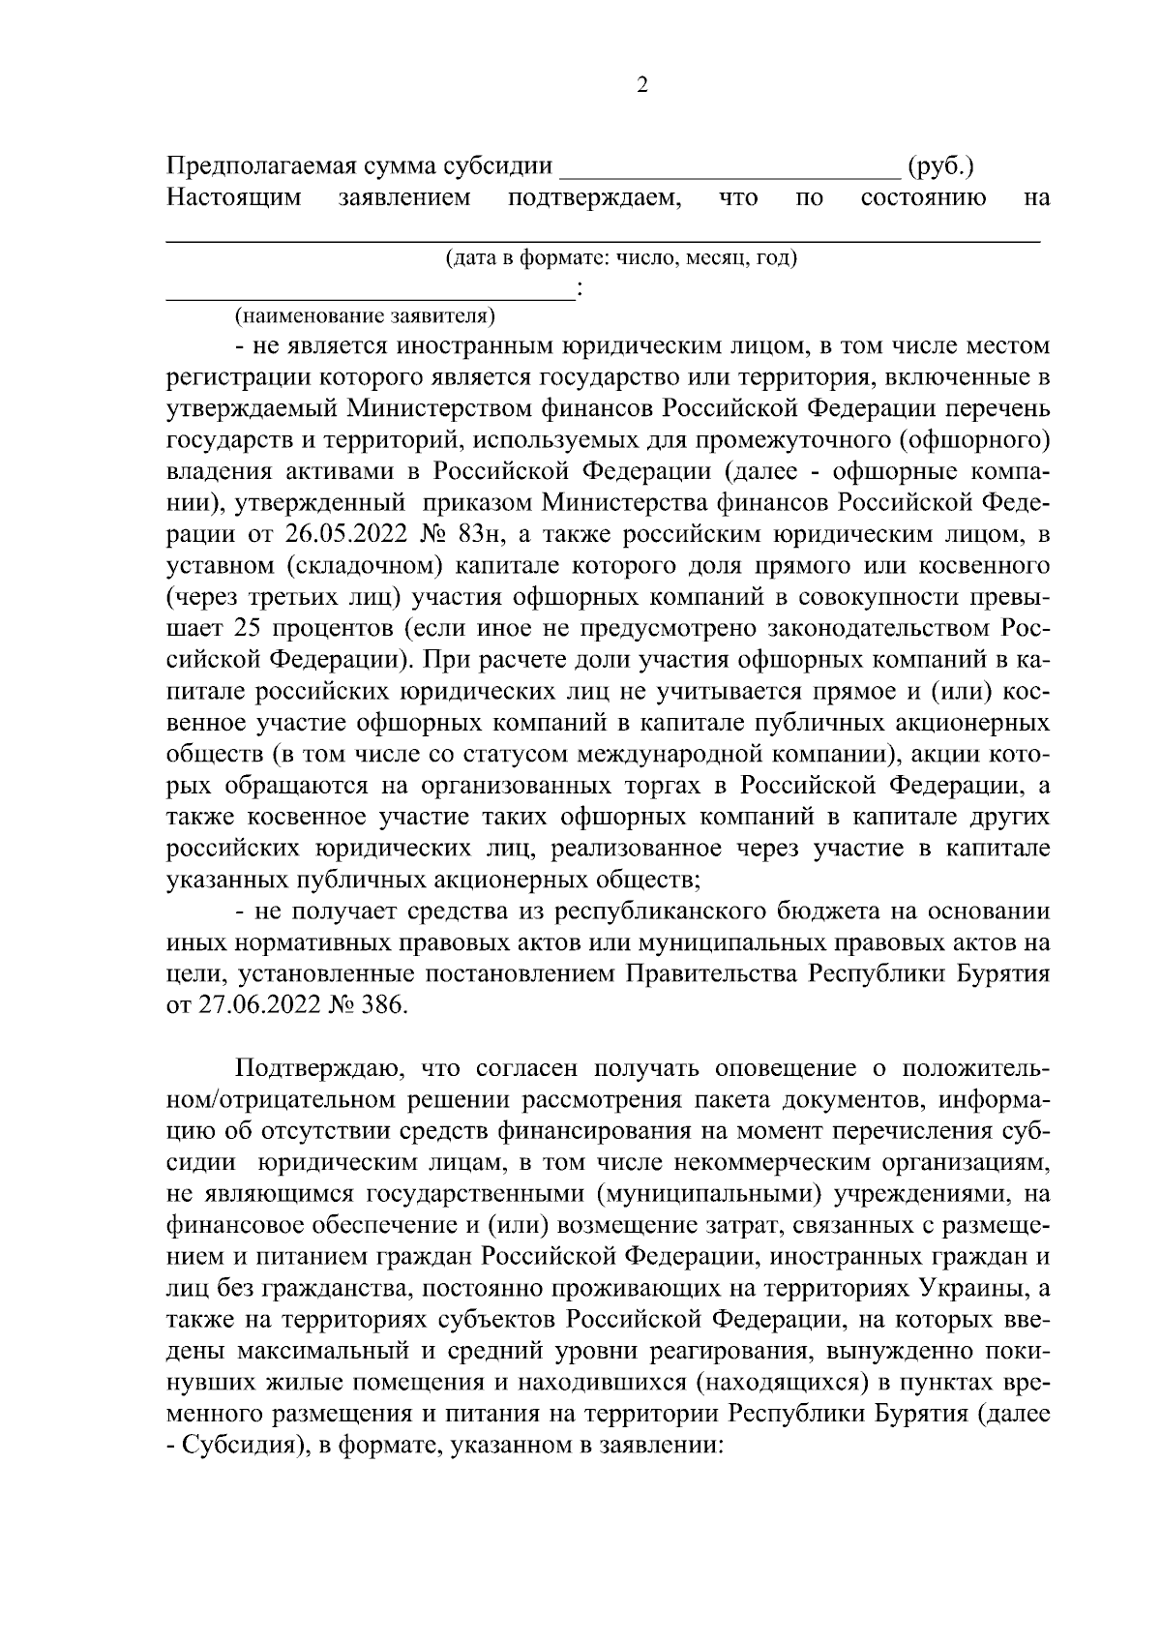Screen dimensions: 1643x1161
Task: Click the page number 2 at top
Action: pyautogui.click(x=642, y=85)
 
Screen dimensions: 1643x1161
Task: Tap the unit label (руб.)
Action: pyautogui.click(x=940, y=167)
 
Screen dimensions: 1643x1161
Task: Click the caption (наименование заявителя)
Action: pyautogui.click(x=364, y=314)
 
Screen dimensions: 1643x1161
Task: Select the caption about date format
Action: pyautogui.click(x=620, y=258)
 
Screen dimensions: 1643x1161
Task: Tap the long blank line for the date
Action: pyautogui.click(x=600, y=237)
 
